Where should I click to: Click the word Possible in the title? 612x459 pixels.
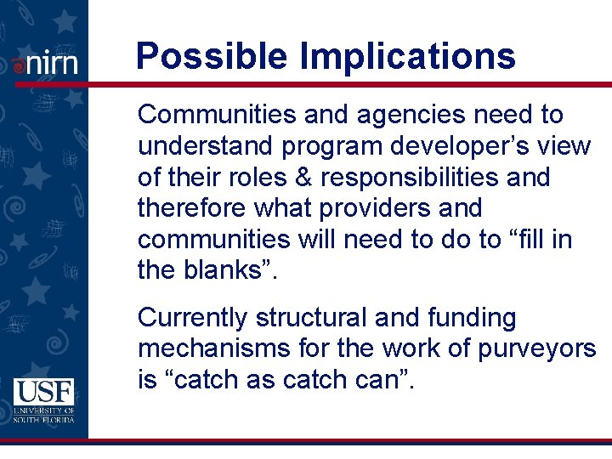[212, 57]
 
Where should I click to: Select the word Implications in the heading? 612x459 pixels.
[407, 57]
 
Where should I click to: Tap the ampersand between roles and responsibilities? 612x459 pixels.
[284, 178]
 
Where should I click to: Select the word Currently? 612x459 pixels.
[192, 318]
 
